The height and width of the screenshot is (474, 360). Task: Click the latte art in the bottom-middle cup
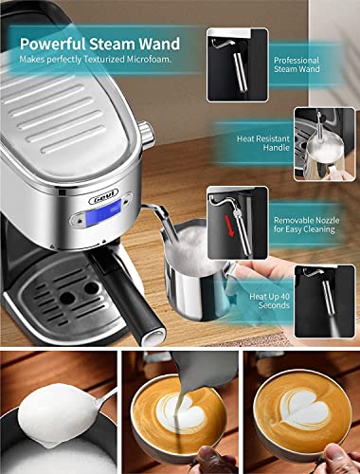pos(179,418)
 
